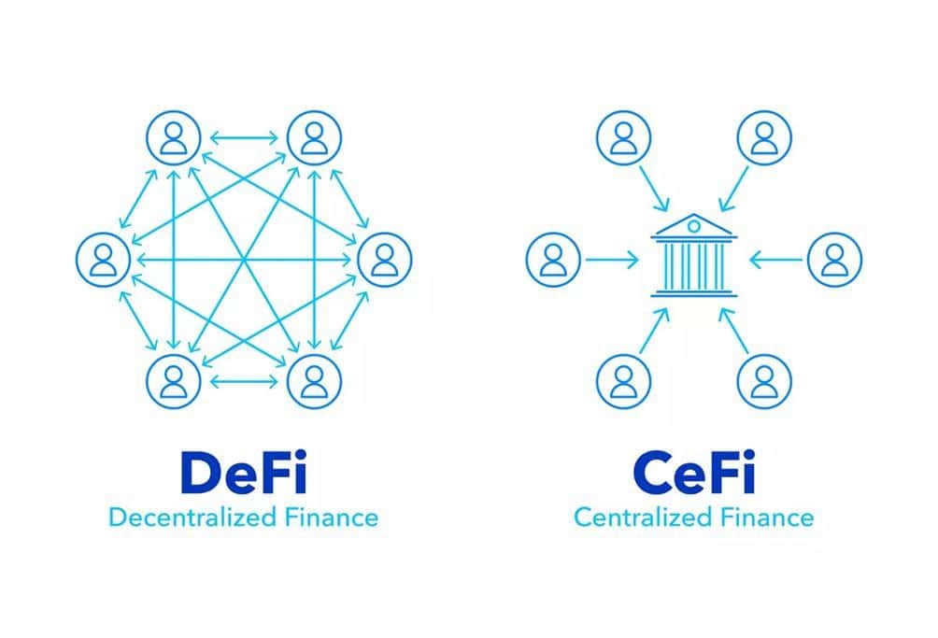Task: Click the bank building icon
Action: [x=693, y=255]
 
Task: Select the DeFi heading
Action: [x=244, y=473]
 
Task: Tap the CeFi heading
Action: [x=693, y=473]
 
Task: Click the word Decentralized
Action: [x=192, y=517]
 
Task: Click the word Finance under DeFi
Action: [x=332, y=517]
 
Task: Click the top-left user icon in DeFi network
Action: [x=174, y=137]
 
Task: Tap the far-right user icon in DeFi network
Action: [x=385, y=260]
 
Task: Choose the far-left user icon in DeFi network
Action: [x=103, y=260]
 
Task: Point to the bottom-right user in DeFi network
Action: [x=314, y=381]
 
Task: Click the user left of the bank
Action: [x=553, y=260]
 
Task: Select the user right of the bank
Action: [x=834, y=260]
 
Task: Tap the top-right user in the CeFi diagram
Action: [x=764, y=137]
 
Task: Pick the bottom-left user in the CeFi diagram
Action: [x=623, y=381]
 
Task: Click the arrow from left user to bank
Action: [x=612, y=260]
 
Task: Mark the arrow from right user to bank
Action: [x=775, y=260]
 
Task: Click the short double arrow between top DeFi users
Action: [x=244, y=138]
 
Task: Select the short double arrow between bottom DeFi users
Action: [x=244, y=381]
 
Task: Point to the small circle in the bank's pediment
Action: [x=693, y=226]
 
